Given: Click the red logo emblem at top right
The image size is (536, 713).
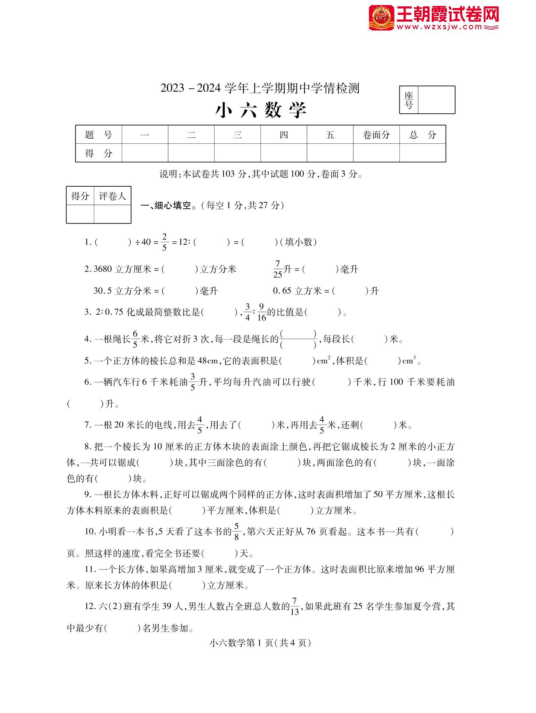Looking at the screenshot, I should tap(381, 17).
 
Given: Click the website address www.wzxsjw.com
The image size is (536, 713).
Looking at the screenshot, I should tap(440, 27).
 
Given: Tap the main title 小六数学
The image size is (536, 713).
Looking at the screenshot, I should tap(261, 110).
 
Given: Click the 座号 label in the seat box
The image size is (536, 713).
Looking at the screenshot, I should tap(409, 100).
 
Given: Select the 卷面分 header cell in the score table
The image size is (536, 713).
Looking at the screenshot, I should tap(376, 135).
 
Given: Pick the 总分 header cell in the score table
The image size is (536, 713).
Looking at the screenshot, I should tap(422, 135).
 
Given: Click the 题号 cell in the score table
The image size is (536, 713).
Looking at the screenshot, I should tap(98, 135).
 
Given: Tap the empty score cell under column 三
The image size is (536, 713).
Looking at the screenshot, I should tap(237, 153).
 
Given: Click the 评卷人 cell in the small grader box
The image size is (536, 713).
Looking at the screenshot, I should tap(112, 196).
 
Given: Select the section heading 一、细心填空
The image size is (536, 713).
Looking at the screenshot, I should tap(168, 206).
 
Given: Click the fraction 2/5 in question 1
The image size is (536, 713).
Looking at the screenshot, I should tap(165, 242).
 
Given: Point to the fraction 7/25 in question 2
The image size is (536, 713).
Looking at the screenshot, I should tap(278, 269).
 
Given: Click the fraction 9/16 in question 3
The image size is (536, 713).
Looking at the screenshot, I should tap(262, 312).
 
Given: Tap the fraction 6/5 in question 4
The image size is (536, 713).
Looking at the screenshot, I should tap(136, 339).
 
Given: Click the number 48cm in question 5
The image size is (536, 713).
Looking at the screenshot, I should tap(208, 361).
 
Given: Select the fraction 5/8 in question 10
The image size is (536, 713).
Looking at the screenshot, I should tap(237, 532).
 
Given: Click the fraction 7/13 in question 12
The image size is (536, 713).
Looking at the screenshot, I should tap(295, 607).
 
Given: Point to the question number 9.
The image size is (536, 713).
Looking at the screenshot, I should tap(88, 495).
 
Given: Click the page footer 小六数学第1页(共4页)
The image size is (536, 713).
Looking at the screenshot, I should tap(260, 643).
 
